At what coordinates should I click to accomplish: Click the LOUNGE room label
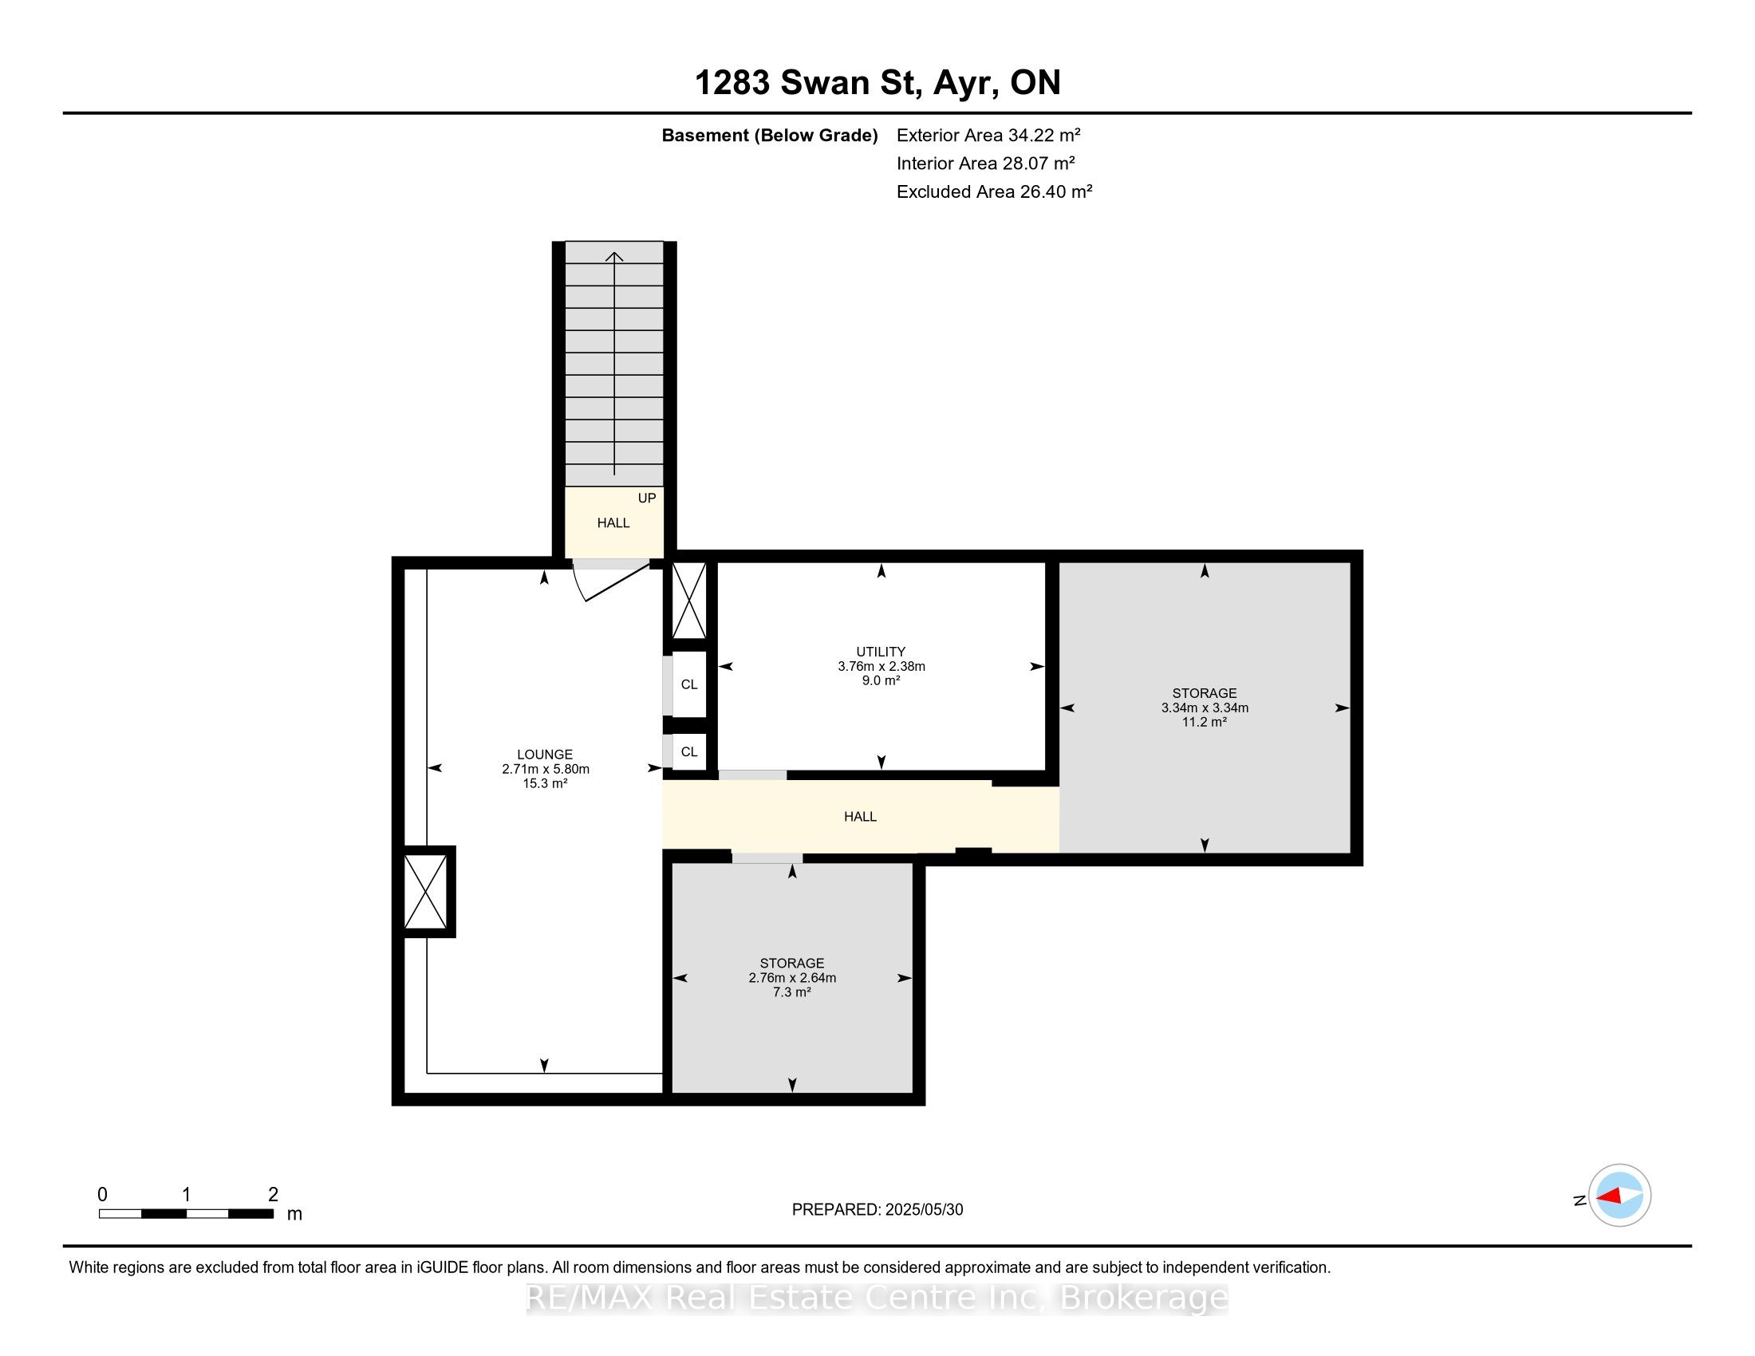tap(545, 755)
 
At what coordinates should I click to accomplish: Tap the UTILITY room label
tap(881, 652)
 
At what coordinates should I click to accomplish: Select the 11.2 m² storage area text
tap(1204, 722)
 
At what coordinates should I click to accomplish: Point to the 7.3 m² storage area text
tap(791, 992)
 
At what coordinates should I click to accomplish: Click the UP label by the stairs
tap(647, 498)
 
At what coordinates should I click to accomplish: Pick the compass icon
tap(1619, 1196)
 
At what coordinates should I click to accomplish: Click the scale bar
tap(187, 1213)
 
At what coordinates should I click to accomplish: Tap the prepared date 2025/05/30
tap(921, 1210)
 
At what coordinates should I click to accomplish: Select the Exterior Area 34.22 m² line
tap(988, 135)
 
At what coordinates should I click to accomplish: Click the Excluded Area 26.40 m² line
tap(994, 191)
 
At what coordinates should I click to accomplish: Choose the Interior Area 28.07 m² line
tap(986, 163)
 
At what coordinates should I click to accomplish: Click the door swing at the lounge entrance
tap(611, 581)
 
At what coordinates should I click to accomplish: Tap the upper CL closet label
tap(689, 684)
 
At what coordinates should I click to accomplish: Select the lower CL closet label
tap(689, 752)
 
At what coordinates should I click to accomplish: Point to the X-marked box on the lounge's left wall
tap(425, 892)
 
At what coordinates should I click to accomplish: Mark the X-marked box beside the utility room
tap(688, 601)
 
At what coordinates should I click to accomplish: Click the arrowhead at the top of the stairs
tap(615, 256)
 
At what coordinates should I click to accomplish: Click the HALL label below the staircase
tap(613, 523)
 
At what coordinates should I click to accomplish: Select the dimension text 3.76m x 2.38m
tap(881, 666)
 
